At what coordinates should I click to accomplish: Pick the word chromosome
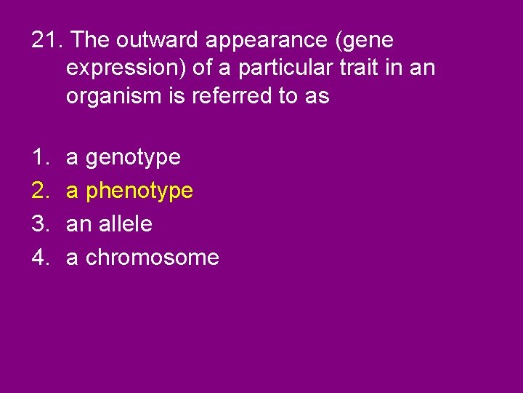click(153, 258)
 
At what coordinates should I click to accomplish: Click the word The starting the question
click(92, 39)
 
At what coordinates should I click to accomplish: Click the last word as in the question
click(318, 97)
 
